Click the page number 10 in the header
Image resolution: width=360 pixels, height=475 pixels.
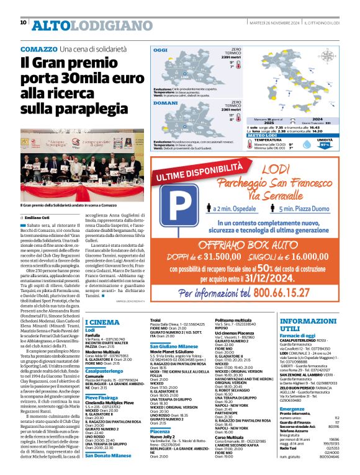(24, 22)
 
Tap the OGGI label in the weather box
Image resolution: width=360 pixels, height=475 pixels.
(161, 50)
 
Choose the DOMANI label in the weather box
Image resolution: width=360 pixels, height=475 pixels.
(163, 104)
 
